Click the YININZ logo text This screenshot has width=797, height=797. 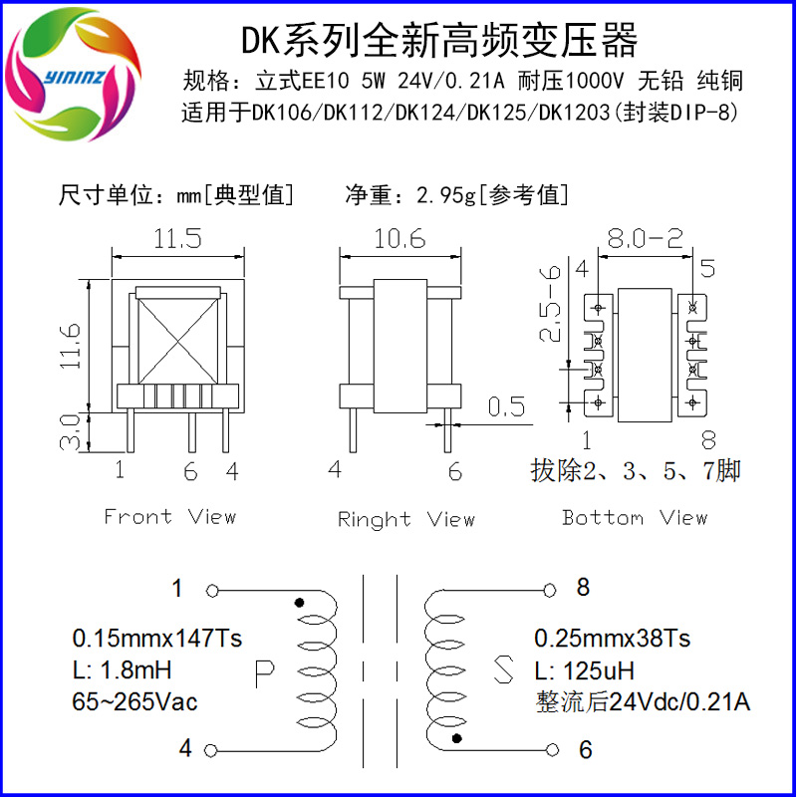[74, 77]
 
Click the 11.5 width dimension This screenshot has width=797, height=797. [177, 238]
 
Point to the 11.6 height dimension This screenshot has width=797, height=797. [71, 346]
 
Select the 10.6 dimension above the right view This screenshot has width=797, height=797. [399, 238]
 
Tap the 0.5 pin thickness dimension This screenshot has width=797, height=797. [506, 406]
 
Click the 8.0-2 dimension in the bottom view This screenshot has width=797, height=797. [645, 238]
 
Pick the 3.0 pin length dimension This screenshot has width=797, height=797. [70, 432]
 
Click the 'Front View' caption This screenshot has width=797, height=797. [170, 516]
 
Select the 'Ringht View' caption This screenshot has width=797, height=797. [406, 519]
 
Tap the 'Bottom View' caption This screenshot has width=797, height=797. [635, 517]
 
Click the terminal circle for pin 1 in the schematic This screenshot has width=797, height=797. [212, 591]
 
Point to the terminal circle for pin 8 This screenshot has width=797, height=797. [550, 590]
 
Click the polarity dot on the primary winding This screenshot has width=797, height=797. [300, 603]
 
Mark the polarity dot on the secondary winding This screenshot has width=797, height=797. [456, 738]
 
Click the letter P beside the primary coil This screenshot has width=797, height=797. [264, 674]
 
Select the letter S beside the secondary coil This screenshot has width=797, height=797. [503, 668]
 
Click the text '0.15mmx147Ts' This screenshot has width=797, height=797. [157, 639]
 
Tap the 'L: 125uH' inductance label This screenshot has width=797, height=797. [585, 670]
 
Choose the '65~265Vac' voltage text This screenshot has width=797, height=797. [134, 702]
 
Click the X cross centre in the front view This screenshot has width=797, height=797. [178, 341]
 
